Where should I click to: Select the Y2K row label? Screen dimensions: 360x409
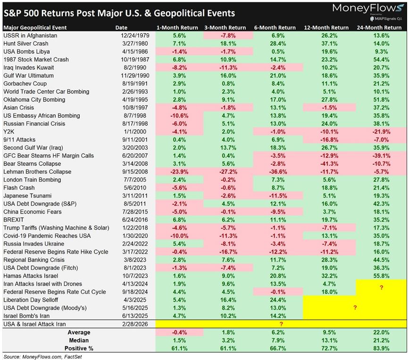click(x=8, y=131)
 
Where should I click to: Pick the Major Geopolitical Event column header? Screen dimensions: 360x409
click(x=34, y=27)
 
